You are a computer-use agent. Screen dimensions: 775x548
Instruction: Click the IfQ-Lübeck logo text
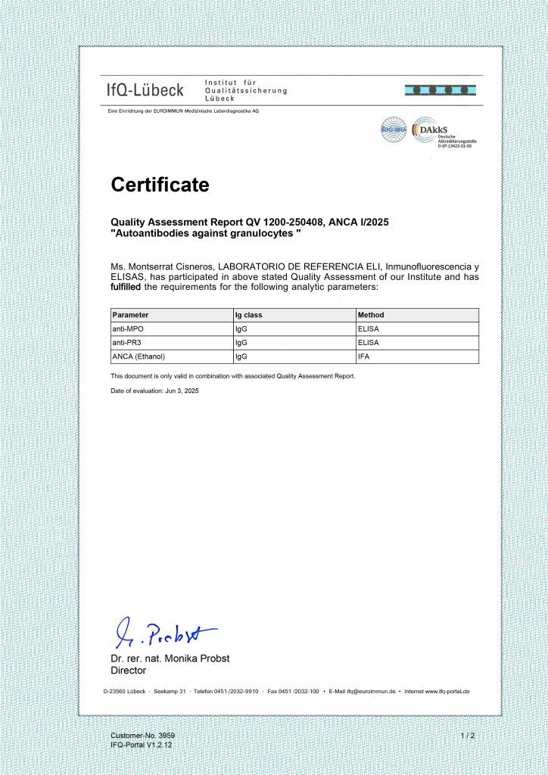pos(144,91)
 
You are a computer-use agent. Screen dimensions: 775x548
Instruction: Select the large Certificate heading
pos(160,184)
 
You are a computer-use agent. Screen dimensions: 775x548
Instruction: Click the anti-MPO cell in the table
pos(126,328)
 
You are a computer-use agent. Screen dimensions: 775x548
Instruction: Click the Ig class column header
pos(249,315)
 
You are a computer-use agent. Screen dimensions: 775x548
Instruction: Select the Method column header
pos(371,315)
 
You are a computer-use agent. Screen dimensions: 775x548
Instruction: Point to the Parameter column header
pos(130,315)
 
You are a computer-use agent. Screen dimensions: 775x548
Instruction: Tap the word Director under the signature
pos(128,671)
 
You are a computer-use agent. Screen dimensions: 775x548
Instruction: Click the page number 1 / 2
pos(467,736)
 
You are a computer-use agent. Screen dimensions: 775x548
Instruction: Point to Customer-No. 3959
pos(143,736)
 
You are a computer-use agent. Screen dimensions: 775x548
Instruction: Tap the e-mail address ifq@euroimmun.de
pos(372,692)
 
